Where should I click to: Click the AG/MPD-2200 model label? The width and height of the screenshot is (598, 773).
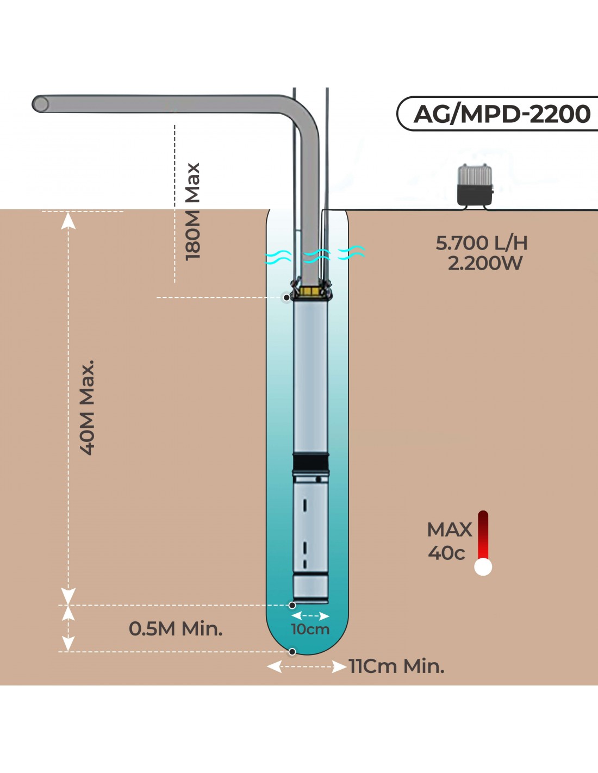click(x=501, y=114)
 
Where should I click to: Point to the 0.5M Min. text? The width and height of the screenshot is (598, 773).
click(x=176, y=629)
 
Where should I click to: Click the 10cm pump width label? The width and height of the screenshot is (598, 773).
click(x=310, y=629)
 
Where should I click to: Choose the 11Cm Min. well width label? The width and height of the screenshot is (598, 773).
click(x=396, y=666)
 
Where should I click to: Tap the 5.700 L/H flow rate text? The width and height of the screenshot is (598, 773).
click(x=482, y=243)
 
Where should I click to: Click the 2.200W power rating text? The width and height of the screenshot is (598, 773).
click(x=485, y=264)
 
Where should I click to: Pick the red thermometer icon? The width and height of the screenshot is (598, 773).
click(x=483, y=544)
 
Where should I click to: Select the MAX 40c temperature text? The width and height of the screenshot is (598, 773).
click(x=449, y=541)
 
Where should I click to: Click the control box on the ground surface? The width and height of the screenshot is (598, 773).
click(x=475, y=185)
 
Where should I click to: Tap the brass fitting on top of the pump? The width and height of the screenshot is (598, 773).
click(x=310, y=292)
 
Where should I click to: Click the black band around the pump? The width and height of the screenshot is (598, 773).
click(x=310, y=463)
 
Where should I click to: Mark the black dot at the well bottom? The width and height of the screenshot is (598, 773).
click(x=292, y=652)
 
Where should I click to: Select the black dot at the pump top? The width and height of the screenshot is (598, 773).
click(x=286, y=297)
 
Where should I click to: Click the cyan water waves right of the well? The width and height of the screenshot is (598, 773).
click(x=351, y=252)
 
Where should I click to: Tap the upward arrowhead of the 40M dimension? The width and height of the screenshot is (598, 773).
click(x=68, y=220)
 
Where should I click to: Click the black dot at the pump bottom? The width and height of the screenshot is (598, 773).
click(x=292, y=605)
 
